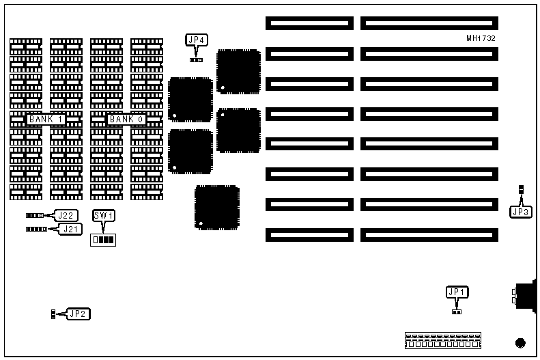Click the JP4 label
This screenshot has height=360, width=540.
click(x=197, y=40)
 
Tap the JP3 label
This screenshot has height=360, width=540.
click(x=521, y=212)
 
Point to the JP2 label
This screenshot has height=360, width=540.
click(x=79, y=314)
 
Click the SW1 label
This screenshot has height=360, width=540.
click(x=104, y=216)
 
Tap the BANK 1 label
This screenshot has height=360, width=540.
click(x=46, y=120)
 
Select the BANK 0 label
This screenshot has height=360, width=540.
click(x=127, y=120)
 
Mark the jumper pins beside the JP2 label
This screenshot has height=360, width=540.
click(x=53, y=314)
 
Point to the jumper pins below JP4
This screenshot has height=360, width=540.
click(x=197, y=60)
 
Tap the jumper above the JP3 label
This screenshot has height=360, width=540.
click(x=521, y=189)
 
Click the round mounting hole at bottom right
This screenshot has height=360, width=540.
click(x=520, y=342)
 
